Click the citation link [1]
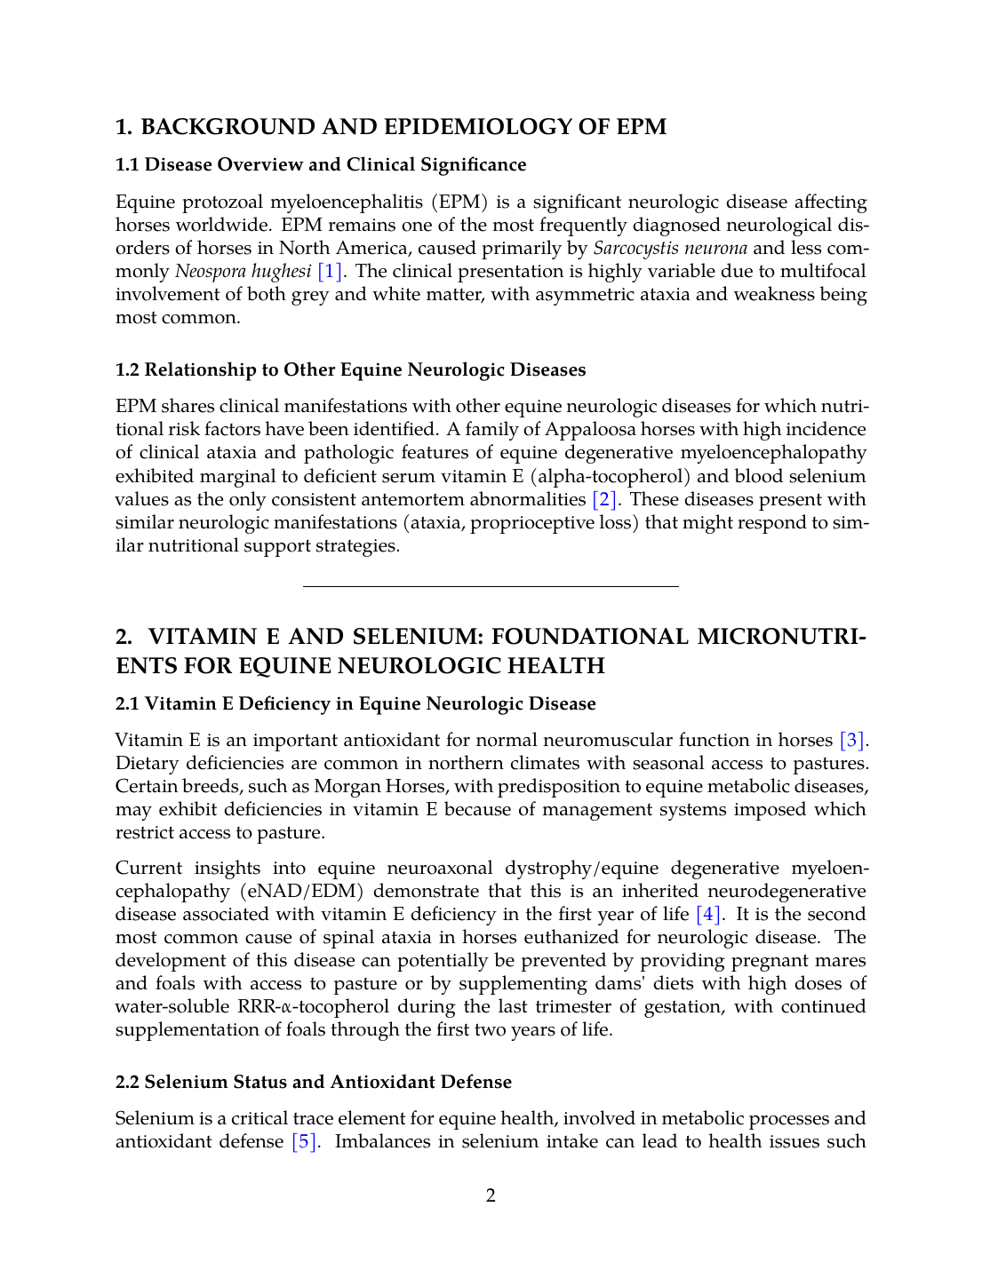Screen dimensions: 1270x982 pos(330,272)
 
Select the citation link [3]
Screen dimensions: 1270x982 pos(851,741)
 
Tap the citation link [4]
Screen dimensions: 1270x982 pos(708,915)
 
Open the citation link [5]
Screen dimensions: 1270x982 pos(304,1142)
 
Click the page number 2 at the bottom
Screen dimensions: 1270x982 pos(491,1196)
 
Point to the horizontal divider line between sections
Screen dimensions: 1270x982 pos(491,587)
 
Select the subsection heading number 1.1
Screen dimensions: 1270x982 pos(128,165)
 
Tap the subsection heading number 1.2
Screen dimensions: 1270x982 pos(128,370)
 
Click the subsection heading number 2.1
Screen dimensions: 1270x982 pos(128,704)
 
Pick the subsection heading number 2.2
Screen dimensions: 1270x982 pos(128,1083)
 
